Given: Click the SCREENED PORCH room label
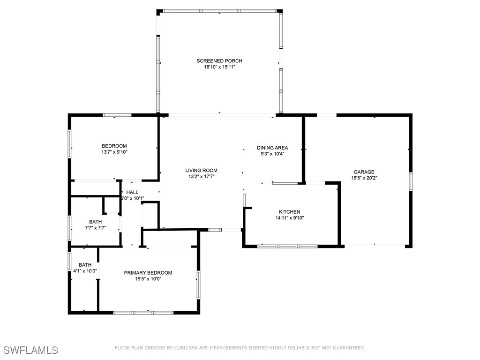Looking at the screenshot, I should pos(219,61).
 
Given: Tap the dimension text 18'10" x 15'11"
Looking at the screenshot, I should pos(219,67).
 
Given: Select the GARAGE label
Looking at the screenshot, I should pos(364,172).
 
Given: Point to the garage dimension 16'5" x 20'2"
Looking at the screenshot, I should pos(364,178).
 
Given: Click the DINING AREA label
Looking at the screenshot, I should pos(272,148).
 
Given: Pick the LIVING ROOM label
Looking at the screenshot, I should pos(201,171).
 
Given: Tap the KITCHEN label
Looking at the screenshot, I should pos(289,212).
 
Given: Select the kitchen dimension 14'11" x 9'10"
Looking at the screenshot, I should pos(289,218).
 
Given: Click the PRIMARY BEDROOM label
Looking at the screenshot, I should pos(148,273).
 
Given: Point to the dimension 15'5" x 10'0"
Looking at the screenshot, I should pos(148,279).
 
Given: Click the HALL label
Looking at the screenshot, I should pos(132,192).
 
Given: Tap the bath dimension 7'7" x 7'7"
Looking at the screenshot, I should pos(95,228).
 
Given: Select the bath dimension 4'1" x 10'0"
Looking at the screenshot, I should pos(85,271).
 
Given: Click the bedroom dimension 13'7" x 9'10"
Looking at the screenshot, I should pos(114,152).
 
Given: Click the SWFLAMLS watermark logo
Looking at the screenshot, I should pos(31,350).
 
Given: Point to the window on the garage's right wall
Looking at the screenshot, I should pos(410,181).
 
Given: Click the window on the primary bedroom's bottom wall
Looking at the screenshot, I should pos(143,312).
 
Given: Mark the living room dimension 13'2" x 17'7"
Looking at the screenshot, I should pos(201,177).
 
